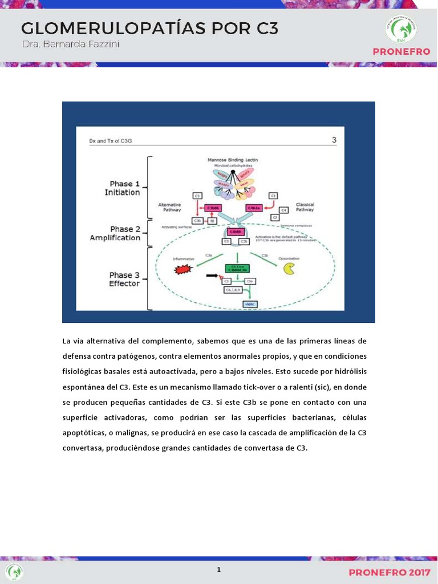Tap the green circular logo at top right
pos(400,29)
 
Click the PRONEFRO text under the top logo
pos(401,52)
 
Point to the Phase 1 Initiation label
pos(122,188)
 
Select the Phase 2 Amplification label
pos(115,233)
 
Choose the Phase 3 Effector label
pos(124,279)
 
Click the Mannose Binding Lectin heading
pos(233,161)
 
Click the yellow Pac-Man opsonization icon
pos(290,269)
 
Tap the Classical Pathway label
pos(305,207)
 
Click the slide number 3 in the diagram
pos(334,140)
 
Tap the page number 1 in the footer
pos(218,570)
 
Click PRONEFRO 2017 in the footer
pos(390,571)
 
